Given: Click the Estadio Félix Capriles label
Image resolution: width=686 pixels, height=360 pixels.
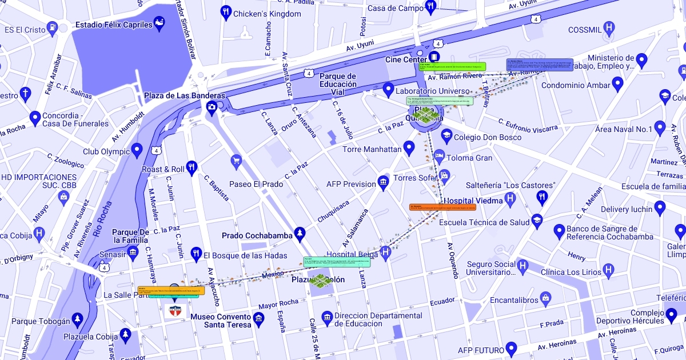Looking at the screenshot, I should [x=114, y=25].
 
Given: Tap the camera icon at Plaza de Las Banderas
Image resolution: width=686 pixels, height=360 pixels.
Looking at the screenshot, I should [x=212, y=107].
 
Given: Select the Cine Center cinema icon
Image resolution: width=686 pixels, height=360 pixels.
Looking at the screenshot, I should [x=434, y=57].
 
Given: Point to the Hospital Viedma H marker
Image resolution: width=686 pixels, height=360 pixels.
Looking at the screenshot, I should [x=510, y=199].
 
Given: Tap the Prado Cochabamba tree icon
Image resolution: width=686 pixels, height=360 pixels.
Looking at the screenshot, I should [x=299, y=234].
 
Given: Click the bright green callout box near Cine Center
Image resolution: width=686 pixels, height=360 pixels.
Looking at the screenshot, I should [x=452, y=66].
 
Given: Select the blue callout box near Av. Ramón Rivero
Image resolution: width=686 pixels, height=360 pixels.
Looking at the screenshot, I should [x=539, y=64].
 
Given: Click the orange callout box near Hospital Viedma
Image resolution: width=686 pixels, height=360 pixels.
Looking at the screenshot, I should [x=442, y=207].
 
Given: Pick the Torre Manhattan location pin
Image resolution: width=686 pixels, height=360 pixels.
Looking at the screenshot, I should [x=408, y=148].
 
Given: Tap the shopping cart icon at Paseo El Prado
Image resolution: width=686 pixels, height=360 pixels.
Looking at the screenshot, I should [x=236, y=162].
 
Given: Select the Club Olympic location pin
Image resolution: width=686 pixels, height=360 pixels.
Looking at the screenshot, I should [x=136, y=150].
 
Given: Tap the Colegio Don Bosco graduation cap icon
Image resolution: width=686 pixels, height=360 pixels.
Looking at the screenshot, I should [x=446, y=136].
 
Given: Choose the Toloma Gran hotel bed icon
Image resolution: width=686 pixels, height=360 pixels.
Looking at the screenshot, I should [x=439, y=156].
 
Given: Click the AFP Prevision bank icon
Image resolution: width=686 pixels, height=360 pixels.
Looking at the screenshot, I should [x=382, y=183].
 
